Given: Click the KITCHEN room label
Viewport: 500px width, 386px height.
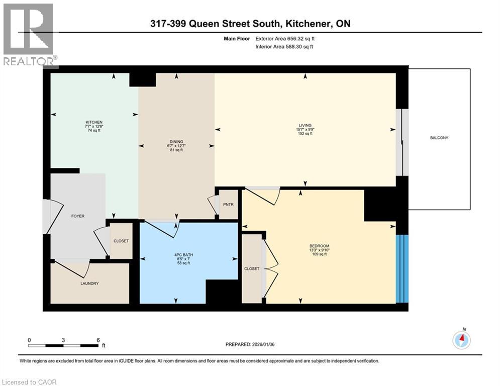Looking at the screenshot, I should coord(94,122).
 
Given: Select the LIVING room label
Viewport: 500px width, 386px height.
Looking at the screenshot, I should coord(305,125).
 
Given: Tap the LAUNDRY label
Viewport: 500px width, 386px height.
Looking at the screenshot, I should coord(89,283).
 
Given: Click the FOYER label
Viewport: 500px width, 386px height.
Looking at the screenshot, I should coord(77,216).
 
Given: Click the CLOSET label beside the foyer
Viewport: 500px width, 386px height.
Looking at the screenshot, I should coord(121,241).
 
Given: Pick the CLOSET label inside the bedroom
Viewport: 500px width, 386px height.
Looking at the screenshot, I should coord(252,269).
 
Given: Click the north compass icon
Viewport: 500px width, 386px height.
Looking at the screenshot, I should coord(461,340).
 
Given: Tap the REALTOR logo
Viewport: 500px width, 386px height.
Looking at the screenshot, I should coord(29,35).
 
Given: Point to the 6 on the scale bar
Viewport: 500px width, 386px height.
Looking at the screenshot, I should coord(98,340).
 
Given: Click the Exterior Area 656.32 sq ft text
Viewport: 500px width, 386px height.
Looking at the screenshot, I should coord(285,39).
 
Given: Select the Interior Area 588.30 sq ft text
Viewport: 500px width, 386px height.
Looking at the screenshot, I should coord(284,47).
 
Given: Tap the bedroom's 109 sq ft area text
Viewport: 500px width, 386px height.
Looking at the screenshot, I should coord(319,254).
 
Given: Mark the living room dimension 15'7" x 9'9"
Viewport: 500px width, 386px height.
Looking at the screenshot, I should coord(305,130).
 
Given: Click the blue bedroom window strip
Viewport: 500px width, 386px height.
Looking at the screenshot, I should coord(403,269).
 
